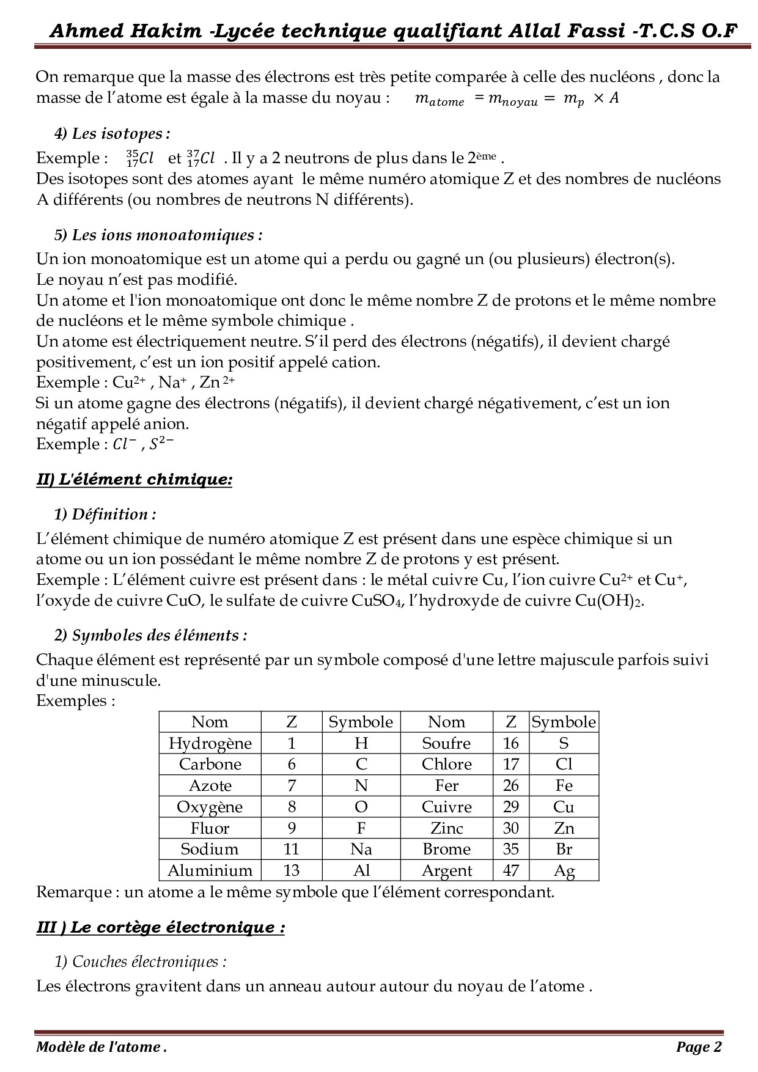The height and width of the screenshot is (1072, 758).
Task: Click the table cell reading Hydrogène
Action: coord(210,743)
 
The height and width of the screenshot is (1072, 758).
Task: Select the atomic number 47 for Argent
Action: coord(511,870)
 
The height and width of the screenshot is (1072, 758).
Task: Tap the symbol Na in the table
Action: coord(361,849)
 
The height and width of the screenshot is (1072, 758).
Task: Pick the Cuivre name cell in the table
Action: coord(446,807)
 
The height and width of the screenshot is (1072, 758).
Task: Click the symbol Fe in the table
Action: coord(564,785)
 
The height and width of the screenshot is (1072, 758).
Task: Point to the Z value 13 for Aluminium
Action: coord(291,870)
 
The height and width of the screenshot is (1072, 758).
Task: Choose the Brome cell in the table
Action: coord(446,849)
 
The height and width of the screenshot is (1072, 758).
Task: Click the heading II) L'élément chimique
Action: coord(134,479)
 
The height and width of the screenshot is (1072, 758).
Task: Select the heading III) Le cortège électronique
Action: coord(160,927)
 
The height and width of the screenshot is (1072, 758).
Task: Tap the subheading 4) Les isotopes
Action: coord(112,133)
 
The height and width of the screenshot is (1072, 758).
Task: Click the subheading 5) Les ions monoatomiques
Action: coord(158,235)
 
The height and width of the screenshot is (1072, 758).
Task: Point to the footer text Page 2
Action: coord(699,1047)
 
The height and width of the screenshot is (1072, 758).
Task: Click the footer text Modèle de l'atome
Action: coord(101,1047)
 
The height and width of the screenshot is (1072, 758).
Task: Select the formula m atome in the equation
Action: coord(439,99)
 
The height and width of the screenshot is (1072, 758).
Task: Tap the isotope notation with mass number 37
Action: coord(202,158)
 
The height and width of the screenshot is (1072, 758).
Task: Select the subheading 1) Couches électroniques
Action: coord(140,961)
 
